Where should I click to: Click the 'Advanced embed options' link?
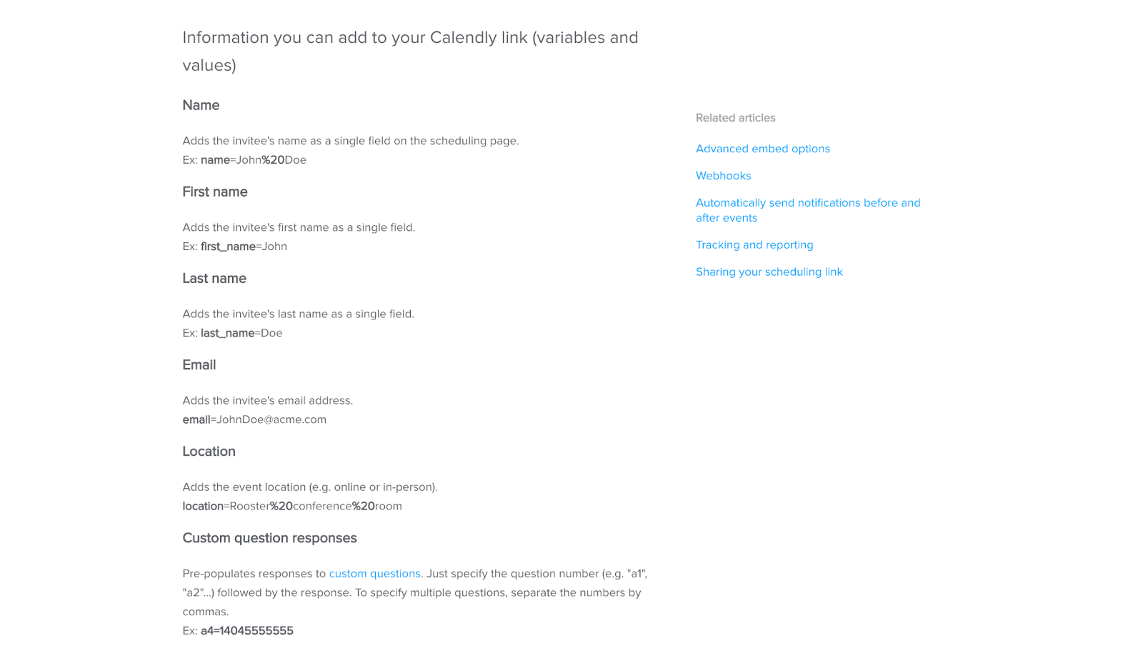coord(762,149)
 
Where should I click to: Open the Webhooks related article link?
coord(723,176)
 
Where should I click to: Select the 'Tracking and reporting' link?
coord(754,244)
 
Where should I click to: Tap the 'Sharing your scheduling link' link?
coord(769,272)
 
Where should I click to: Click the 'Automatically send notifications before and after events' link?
coord(807,203)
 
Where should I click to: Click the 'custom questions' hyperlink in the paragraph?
coord(374,573)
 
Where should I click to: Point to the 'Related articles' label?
coord(735,118)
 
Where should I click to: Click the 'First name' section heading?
coord(214,192)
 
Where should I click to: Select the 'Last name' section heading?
coord(214,278)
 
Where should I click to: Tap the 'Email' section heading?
coord(199,364)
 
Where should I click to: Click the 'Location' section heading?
coord(209,451)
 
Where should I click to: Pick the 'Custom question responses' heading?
coord(269,537)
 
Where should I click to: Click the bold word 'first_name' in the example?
coord(228,247)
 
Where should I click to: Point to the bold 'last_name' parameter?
coord(227,333)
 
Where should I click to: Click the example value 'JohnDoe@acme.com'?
coord(271,419)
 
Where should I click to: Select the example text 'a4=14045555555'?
coord(246,630)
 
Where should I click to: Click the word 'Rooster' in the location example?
coord(249,506)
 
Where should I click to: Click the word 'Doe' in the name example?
coord(295,160)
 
